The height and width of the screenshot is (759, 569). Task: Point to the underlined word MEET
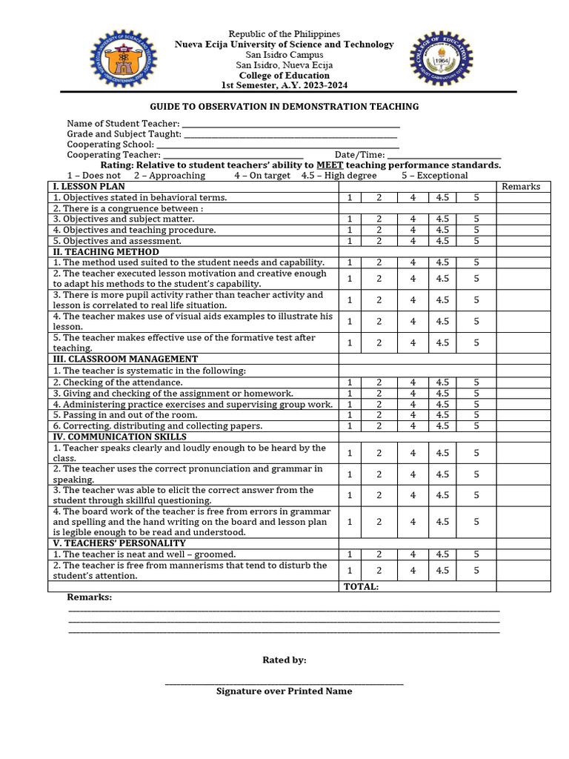329,165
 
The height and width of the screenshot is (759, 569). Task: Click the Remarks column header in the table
521,187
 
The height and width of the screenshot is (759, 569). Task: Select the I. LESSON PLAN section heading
88,187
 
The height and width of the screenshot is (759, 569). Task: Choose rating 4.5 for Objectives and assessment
442,241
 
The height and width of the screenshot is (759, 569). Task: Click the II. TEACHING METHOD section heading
105,252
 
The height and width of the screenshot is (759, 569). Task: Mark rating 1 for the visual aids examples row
350,322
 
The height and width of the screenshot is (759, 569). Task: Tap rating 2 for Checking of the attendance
379,382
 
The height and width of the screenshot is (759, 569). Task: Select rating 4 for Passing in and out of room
413,415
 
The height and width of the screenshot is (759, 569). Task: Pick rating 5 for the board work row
476,522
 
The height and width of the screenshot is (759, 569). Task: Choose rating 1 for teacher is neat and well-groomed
350,554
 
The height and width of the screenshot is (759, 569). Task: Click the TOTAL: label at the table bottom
361,587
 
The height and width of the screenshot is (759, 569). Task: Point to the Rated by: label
284,660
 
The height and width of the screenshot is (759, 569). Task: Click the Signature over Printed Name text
284,692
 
